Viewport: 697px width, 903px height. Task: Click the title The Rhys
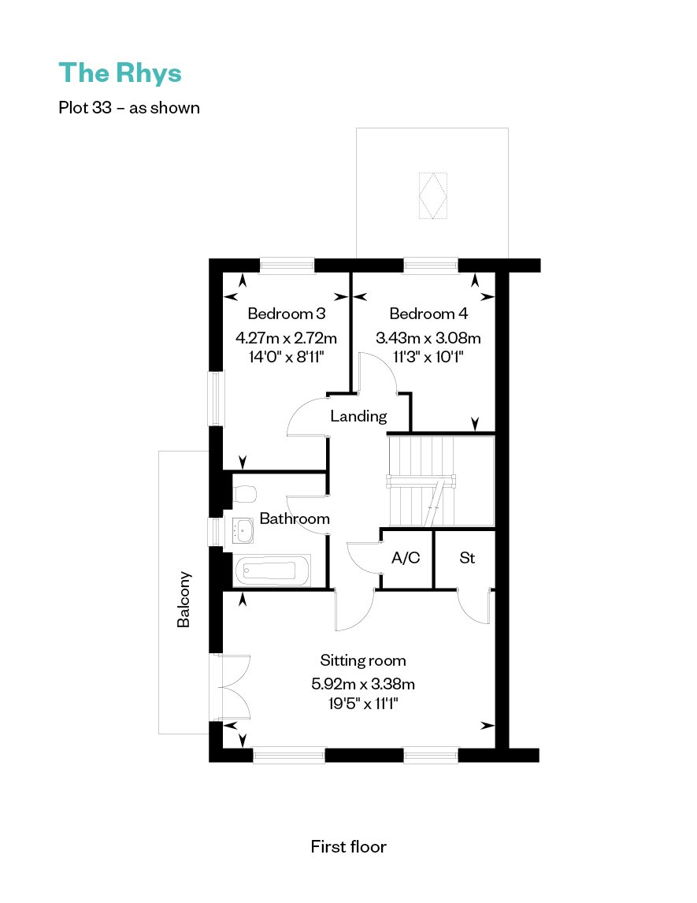(x=120, y=74)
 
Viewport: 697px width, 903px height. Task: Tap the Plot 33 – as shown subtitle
(x=129, y=108)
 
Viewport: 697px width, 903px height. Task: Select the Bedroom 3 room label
(x=286, y=314)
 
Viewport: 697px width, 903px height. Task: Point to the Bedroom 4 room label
(x=428, y=314)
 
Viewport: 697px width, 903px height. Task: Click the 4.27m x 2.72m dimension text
(x=286, y=337)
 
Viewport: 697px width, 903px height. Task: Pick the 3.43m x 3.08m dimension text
(x=428, y=337)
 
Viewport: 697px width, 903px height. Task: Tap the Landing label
(x=358, y=416)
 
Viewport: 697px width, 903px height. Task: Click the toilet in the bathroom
(x=245, y=493)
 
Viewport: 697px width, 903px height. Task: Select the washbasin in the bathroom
(x=243, y=530)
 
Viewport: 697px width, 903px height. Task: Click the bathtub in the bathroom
(x=272, y=570)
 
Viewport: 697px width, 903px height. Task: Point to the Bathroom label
(x=295, y=518)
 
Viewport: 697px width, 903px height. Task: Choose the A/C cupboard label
(x=406, y=557)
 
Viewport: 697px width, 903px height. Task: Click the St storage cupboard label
(x=467, y=557)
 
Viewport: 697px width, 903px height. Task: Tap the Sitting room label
(x=362, y=660)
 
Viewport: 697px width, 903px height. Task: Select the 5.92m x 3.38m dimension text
(x=362, y=684)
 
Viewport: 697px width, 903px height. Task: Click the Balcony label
(x=184, y=599)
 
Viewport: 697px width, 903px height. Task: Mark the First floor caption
(x=348, y=846)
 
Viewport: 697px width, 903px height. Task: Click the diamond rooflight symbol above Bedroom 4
(x=433, y=195)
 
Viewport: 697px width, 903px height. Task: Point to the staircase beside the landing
(x=441, y=481)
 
